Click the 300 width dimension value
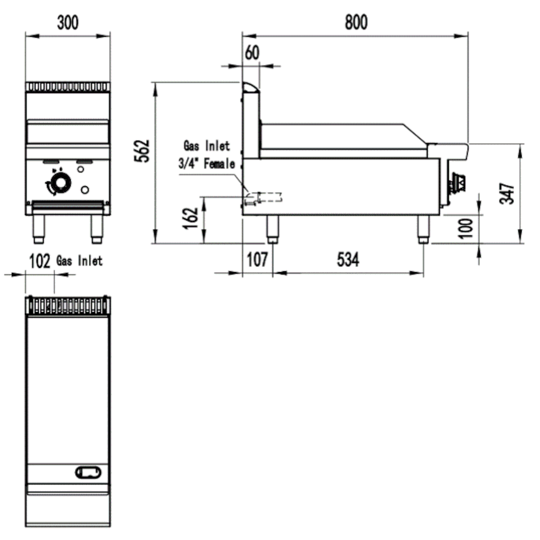point(68,23)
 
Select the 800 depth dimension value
point(356,22)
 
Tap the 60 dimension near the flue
point(252,53)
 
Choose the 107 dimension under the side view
point(257,260)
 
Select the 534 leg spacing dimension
point(348,260)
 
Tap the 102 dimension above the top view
point(39,261)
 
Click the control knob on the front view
point(61,183)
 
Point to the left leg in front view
point(39,228)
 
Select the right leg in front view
point(97,228)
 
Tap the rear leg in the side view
point(273,230)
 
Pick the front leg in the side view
point(423,230)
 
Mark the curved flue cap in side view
point(249,86)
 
